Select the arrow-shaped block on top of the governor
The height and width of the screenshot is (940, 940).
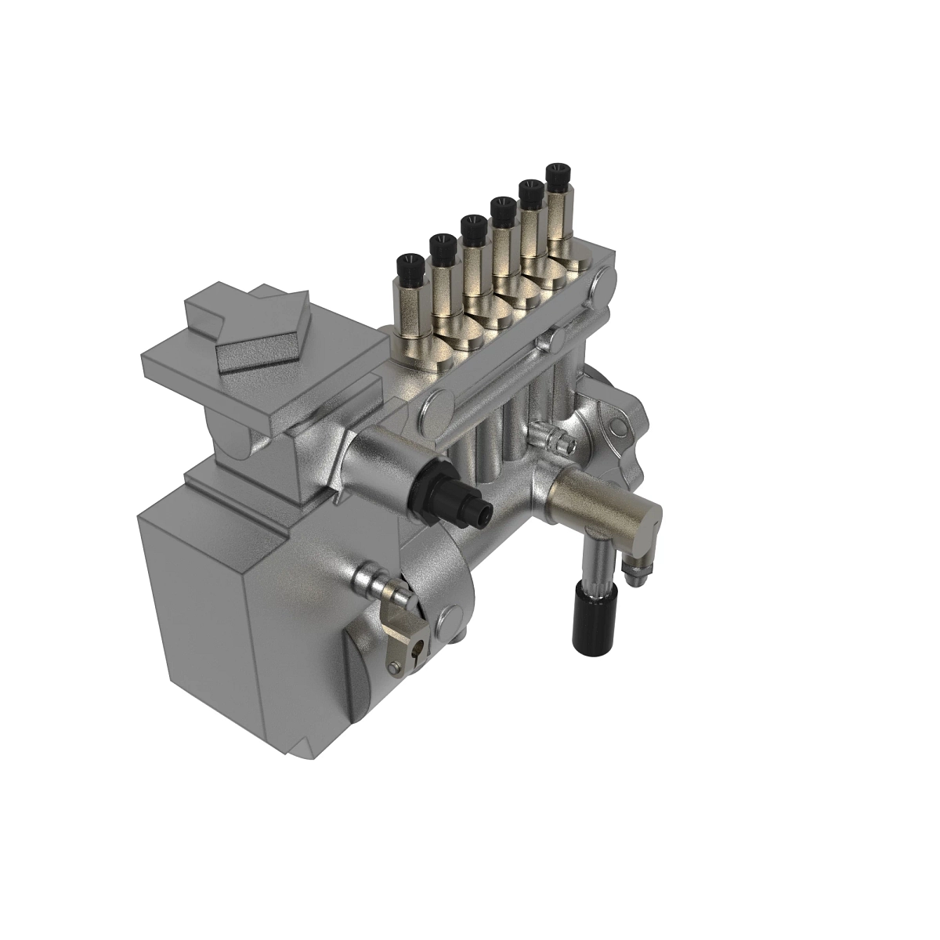[258, 329]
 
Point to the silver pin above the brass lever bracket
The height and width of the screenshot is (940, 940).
[379, 584]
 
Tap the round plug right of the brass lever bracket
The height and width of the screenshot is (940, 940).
[450, 619]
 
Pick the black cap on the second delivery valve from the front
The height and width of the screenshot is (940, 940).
[442, 248]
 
